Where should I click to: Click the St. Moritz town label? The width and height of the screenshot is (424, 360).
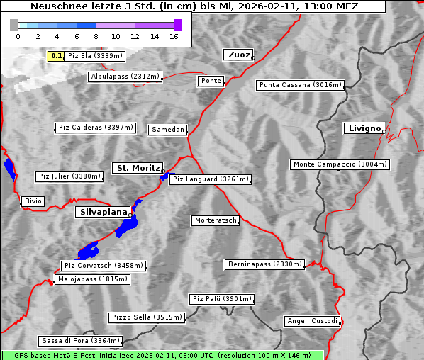[137, 168]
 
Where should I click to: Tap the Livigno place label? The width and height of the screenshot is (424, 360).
[364, 128]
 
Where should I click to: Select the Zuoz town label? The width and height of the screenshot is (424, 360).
[238, 55]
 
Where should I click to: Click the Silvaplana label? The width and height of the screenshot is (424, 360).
[104, 212]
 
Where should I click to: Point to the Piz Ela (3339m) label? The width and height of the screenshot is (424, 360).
[95, 55]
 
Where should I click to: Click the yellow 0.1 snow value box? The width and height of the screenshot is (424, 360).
[57, 55]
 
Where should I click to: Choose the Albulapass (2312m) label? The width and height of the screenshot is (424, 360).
[125, 77]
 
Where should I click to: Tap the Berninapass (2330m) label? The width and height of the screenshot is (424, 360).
[264, 264]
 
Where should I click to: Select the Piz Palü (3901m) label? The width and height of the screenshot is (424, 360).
[221, 299]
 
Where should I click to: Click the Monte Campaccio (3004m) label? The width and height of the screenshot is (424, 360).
[340, 164]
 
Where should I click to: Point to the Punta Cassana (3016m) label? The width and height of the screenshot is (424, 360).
[300, 85]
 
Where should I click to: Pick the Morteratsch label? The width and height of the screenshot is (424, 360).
[215, 220]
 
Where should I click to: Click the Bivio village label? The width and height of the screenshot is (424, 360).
[33, 201]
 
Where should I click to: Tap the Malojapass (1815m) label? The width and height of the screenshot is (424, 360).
[93, 279]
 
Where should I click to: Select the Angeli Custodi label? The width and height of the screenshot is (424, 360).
[312, 321]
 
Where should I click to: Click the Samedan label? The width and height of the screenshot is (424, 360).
[167, 130]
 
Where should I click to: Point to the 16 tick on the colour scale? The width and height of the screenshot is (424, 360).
[174, 35]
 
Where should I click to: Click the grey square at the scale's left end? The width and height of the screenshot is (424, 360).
[14, 25]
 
